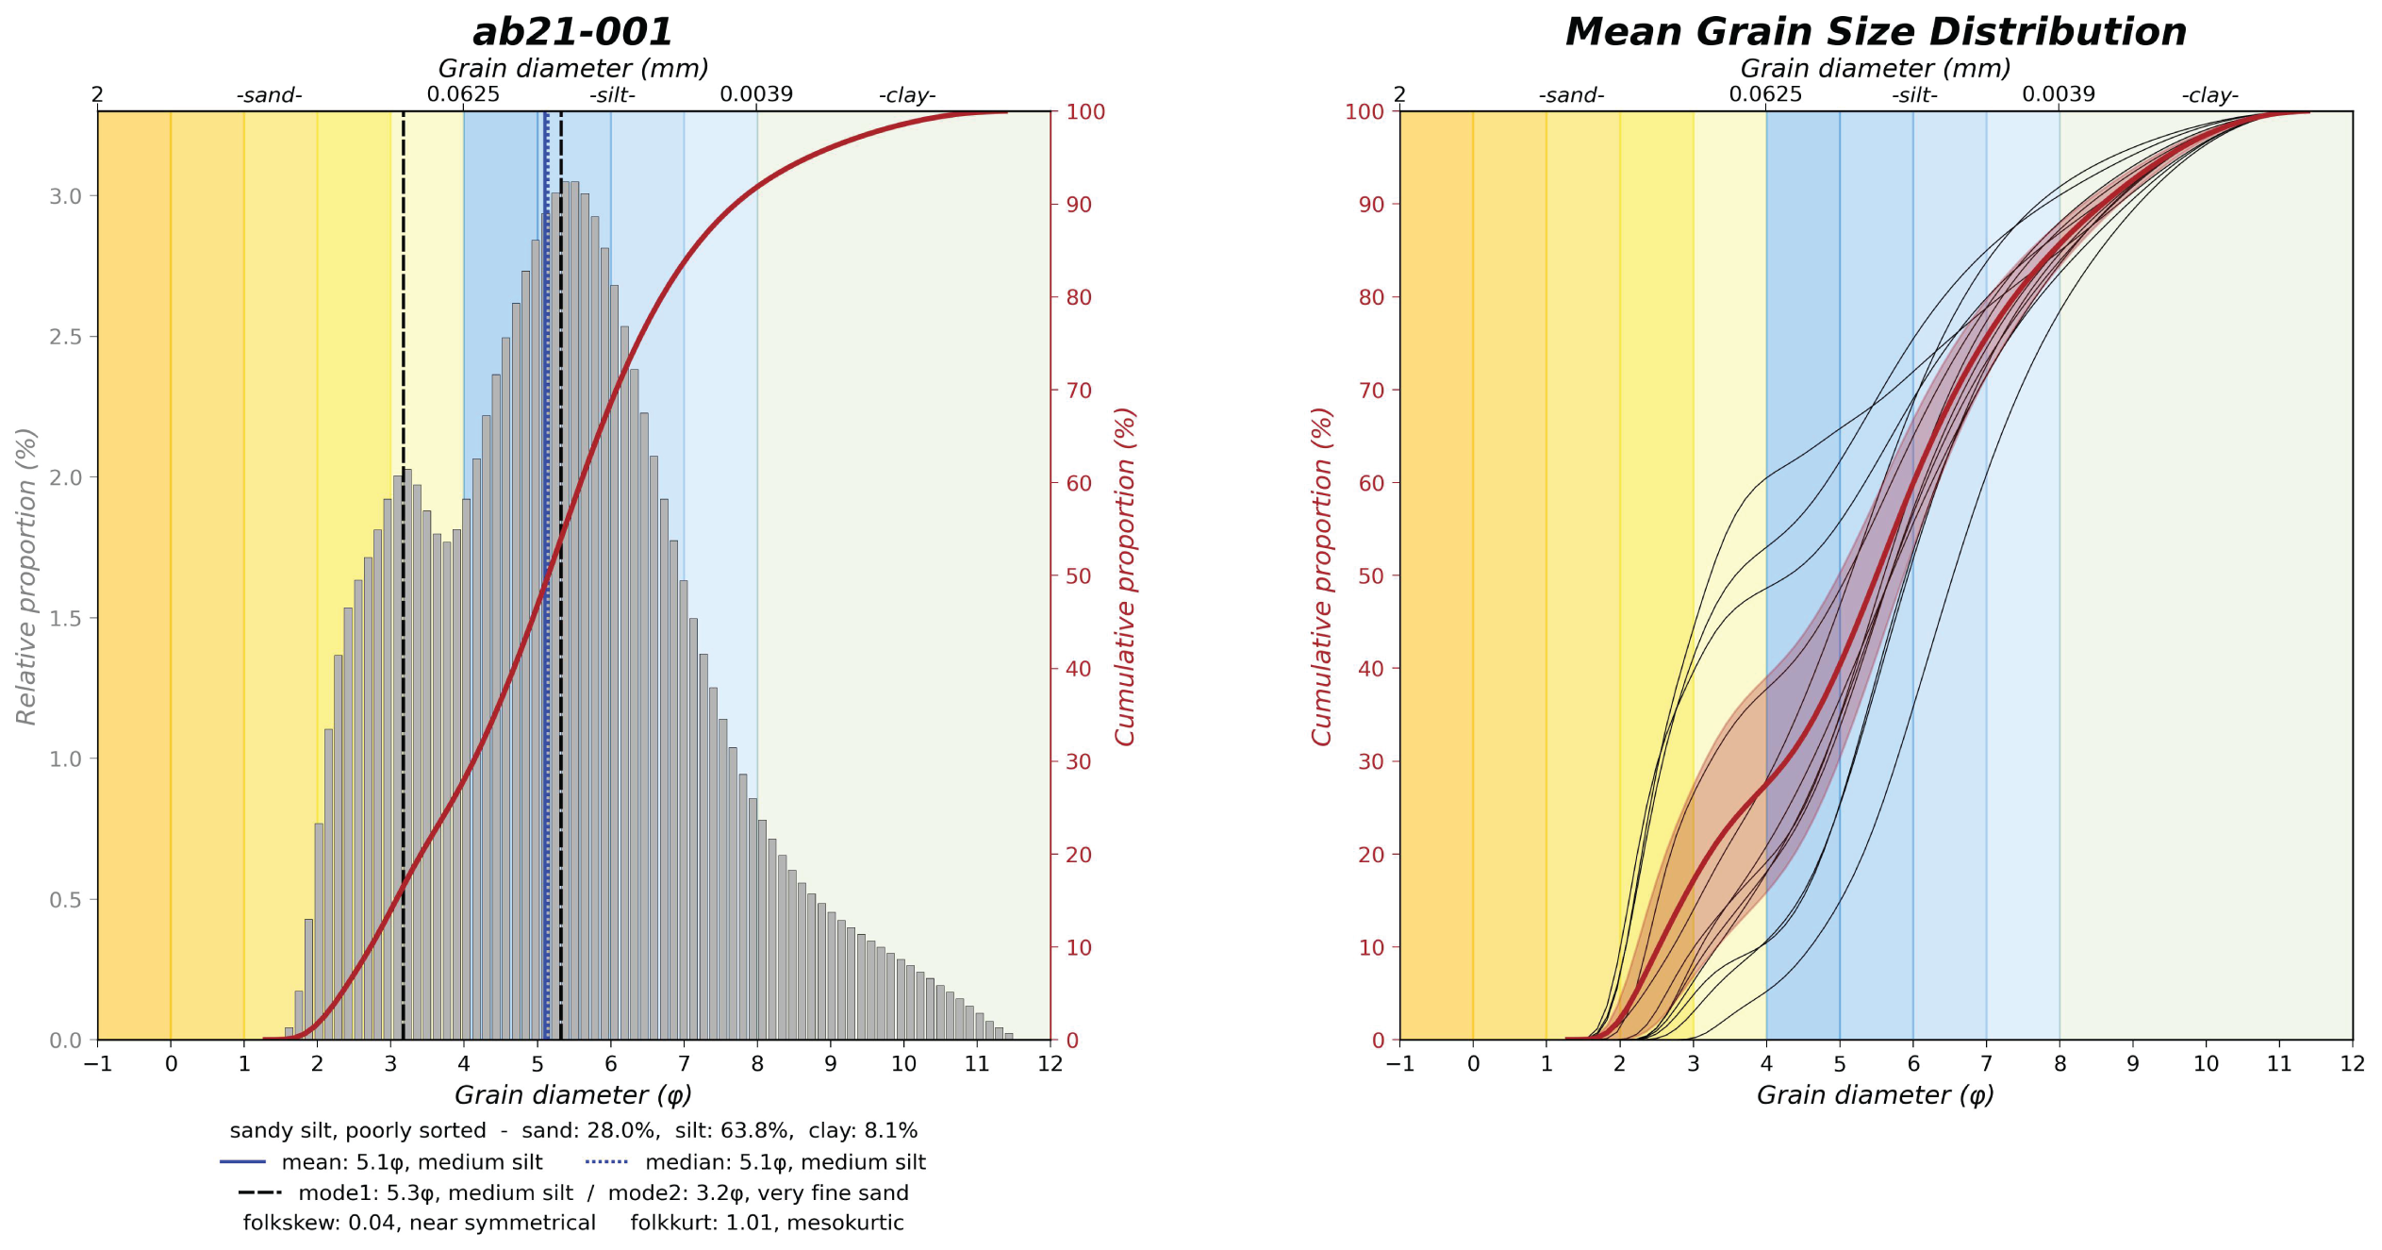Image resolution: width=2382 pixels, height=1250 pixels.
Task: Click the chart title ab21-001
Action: pos(572,32)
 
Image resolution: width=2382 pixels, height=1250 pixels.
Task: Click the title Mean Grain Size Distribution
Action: pos(1876,32)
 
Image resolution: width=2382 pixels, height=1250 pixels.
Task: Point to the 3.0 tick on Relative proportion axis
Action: pos(65,196)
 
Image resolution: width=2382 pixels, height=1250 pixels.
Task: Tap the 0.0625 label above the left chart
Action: pos(463,94)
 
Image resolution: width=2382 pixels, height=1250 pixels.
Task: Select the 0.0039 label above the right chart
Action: pos(2058,94)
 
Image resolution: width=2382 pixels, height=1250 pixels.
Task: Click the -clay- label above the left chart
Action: pos(907,95)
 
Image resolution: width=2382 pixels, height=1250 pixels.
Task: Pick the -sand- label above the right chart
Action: pos(1571,95)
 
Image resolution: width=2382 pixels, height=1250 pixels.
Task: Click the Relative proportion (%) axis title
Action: pos(26,576)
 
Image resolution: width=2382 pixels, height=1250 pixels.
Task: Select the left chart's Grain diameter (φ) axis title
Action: pos(572,1094)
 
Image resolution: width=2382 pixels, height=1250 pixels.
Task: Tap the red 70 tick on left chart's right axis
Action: pos(1078,391)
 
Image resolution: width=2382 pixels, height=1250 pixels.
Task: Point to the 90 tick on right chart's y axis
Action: pos(1371,205)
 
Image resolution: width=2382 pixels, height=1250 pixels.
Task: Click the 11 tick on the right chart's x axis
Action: pos(2278,1064)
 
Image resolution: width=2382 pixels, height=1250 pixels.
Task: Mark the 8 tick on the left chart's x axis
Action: pos(757,1064)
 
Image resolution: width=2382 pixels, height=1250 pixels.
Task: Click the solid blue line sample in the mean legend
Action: pos(242,1162)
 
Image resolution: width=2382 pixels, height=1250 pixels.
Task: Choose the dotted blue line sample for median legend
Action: pos(606,1162)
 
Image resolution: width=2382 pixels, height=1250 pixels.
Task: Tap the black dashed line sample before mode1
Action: pos(259,1192)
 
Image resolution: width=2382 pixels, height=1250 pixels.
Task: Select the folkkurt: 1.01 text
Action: pos(767,1223)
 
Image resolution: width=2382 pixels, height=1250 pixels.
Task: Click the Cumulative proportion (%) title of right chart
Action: pos(1321,576)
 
